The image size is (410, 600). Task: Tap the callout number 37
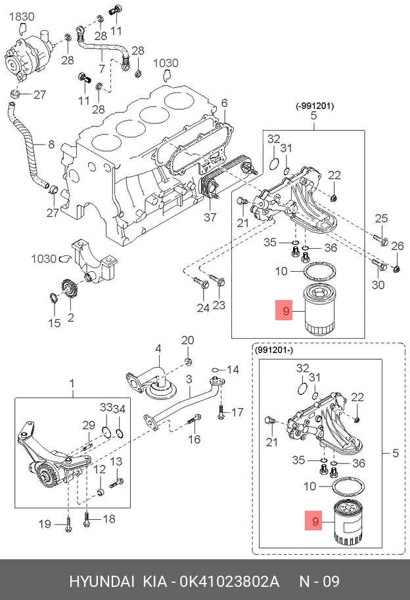coord(210,217)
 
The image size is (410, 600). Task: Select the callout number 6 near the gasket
coord(224,103)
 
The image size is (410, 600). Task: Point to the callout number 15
coord(54,322)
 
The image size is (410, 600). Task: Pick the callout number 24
coord(202,307)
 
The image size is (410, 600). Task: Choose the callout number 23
coord(219,305)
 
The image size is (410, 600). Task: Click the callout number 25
coord(382,219)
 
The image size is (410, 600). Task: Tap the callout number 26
coord(398,246)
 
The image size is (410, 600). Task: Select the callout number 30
coord(378,284)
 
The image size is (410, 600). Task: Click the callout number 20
coord(188,340)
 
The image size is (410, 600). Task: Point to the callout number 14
coord(233,369)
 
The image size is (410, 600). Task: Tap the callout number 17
coord(237,412)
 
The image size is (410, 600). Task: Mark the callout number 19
coord(45,523)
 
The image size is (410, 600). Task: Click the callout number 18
coord(108,519)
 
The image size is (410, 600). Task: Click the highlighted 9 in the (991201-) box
coord(315,521)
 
